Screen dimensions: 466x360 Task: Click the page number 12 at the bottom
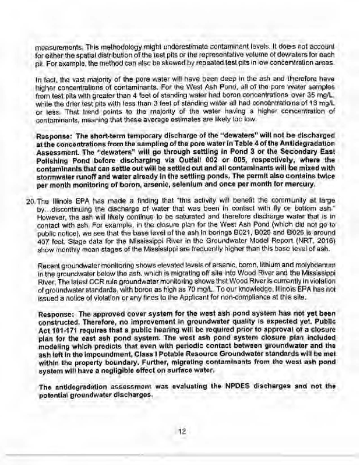[x=182, y=432]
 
